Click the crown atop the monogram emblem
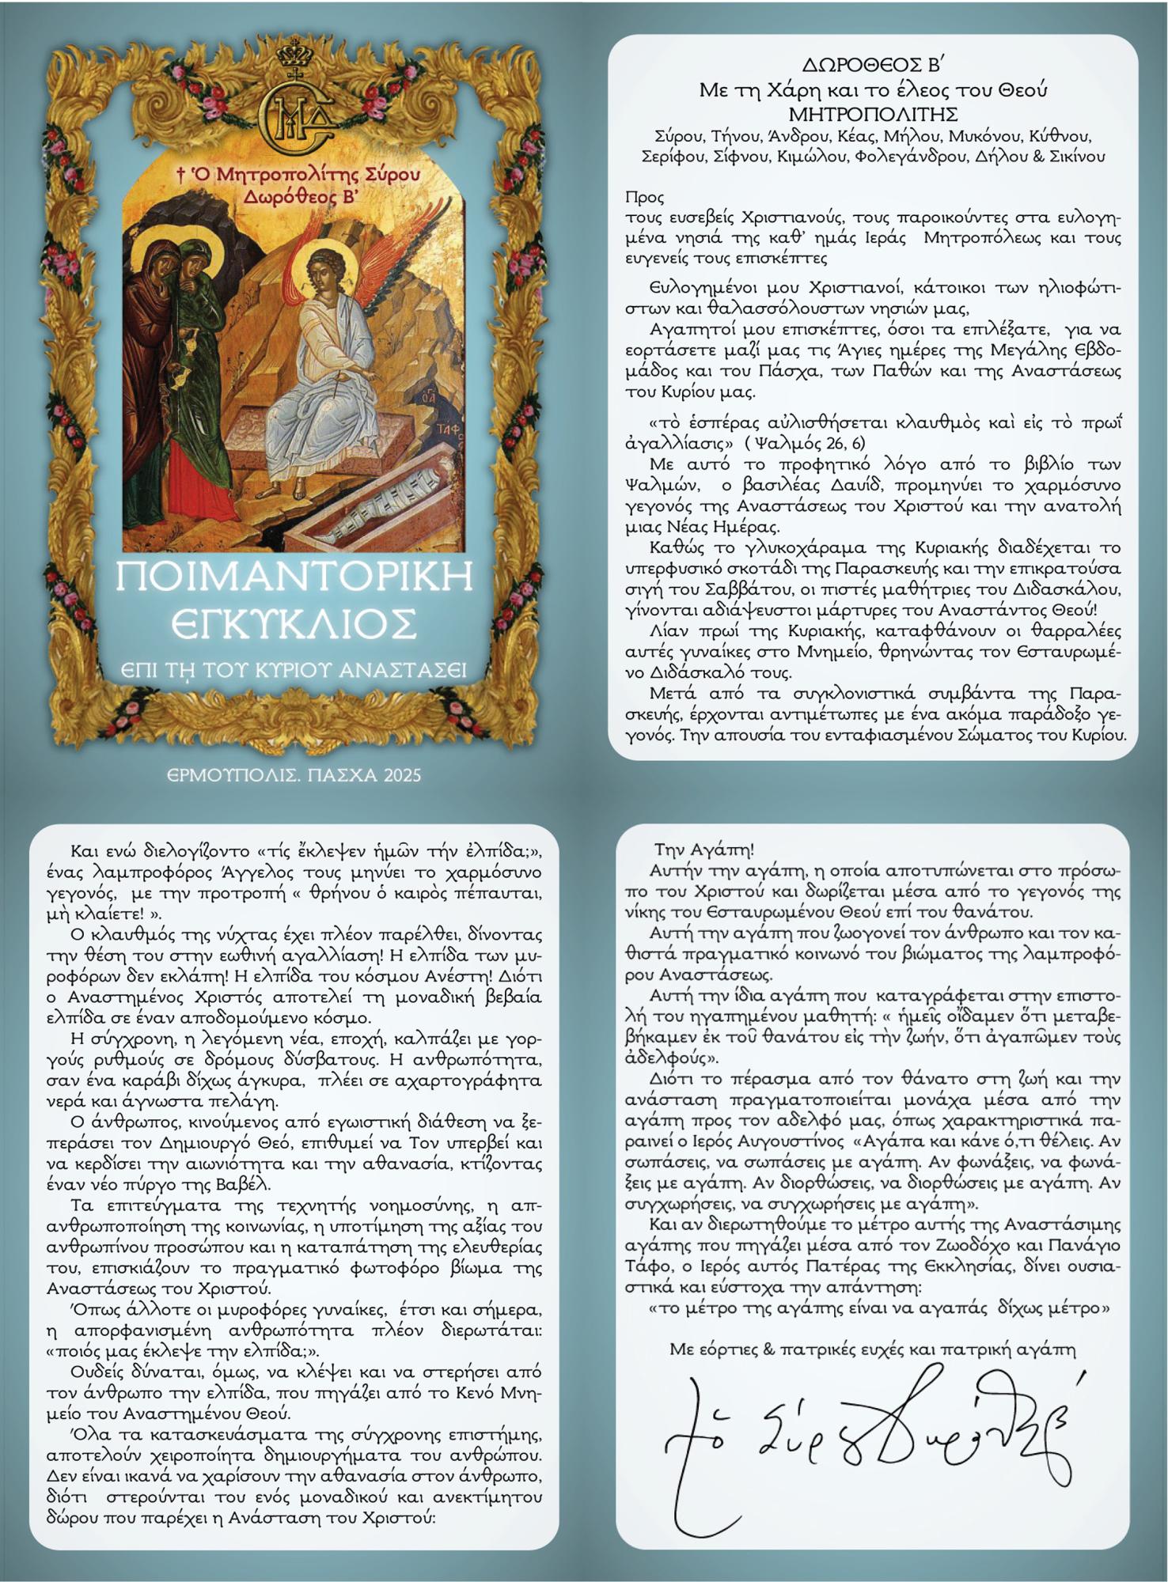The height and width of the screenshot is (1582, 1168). [296, 56]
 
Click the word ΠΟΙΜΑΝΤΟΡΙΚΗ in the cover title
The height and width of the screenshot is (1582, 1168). [295, 577]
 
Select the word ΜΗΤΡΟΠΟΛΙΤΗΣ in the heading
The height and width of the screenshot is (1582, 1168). [873, 114]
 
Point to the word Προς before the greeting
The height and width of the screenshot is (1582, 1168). [644, 197]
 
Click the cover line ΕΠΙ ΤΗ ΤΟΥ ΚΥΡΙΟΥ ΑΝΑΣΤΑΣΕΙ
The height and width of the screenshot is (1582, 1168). [294, 671]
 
